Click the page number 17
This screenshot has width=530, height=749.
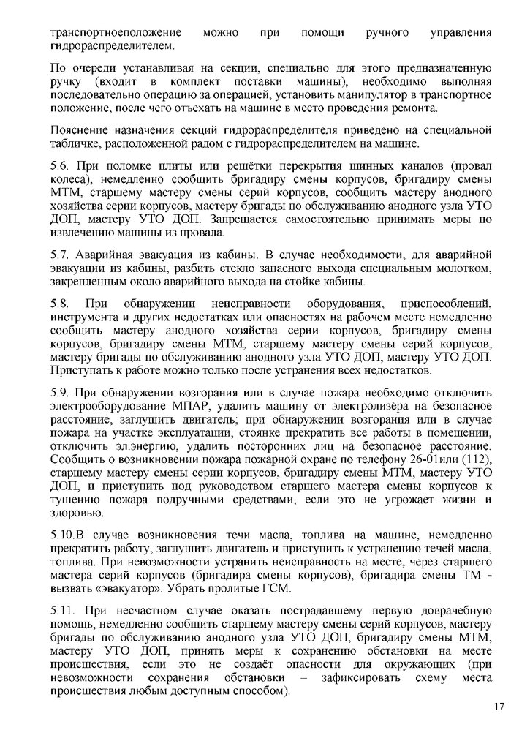click(x=499, y=707)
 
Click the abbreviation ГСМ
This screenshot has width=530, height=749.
click(x=274, y=588)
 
